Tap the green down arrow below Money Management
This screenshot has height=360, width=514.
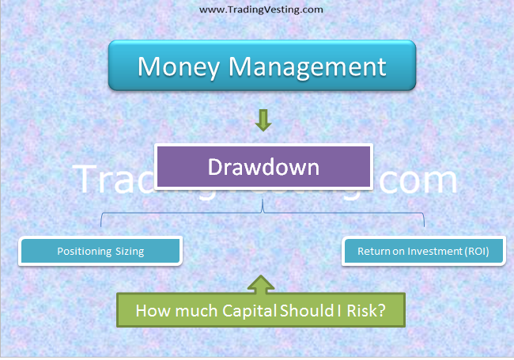tap(263, 120)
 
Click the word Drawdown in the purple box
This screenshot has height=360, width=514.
tap(263, 167)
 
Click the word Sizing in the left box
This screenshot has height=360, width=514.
tap(129, 252)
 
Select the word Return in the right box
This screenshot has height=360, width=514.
tap(373, 252)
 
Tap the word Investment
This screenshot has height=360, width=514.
tap(427, 252)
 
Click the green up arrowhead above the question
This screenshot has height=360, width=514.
tap(263, 281)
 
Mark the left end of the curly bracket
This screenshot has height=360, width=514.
tap(101, 226)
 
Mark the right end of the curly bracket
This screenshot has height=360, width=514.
tap(425, 226)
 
